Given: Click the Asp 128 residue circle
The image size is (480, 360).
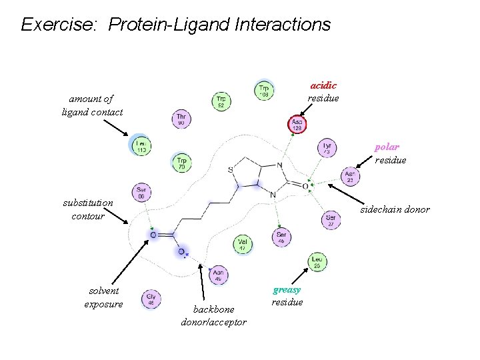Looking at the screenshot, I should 297,124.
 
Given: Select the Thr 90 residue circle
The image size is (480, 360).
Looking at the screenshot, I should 181,119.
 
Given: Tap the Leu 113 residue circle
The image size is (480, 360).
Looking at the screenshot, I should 141,146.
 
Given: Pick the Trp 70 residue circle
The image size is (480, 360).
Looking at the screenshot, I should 181,161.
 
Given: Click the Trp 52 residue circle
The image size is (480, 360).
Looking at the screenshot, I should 222,101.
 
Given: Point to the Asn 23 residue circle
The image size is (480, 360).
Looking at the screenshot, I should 350,176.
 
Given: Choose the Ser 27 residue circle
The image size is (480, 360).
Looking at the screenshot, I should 331,220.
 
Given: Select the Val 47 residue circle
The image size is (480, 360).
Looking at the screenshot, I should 243,245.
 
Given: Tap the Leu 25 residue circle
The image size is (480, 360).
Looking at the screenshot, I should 317,261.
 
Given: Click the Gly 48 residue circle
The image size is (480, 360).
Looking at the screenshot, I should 151,299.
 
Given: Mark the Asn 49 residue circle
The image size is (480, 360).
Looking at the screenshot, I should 218,274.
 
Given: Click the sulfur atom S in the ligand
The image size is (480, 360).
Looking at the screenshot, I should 231,170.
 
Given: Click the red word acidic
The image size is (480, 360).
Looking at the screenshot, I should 323,85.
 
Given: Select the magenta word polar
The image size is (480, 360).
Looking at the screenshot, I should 387,147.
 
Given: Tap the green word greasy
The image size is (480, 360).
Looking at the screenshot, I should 287,289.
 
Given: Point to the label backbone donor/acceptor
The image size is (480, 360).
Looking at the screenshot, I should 213,316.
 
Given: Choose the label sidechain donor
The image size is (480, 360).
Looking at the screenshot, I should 395,209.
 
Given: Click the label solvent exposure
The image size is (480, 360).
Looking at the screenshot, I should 103,297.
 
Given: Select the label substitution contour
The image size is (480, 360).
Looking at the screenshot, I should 88,209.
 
